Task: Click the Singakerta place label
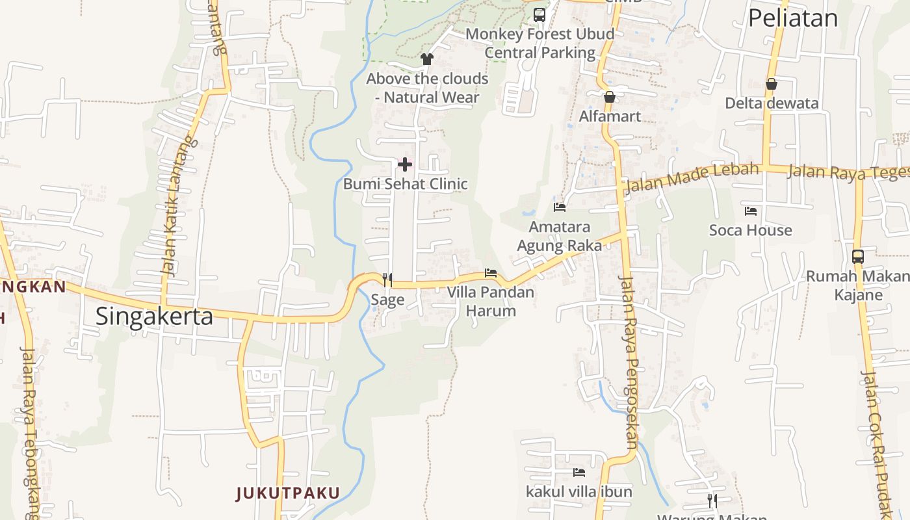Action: [x=154, y=317]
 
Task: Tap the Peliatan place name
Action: [x=793, y=18]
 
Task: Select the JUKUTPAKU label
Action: [x=287, y=493]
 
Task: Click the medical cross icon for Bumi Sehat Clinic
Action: [x=404, y=164]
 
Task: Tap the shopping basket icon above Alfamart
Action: [x=609, y=97]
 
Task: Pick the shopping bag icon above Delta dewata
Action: [x=771, y=84]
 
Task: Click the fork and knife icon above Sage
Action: [x=387, y=279]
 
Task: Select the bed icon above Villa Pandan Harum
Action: [x=491, y=273]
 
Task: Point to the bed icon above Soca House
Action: [x=751, y=211]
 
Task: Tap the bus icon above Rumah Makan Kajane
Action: [x=858, y=257]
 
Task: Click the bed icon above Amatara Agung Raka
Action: [x=560, y=207]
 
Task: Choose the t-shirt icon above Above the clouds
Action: [x=426, y=59]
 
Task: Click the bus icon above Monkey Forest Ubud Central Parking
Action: [x=539, y=14]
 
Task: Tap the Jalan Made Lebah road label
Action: [x=692, y=177]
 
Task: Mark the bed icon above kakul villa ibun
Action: [x=578, y=473]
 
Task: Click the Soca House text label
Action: [x=750, y=230]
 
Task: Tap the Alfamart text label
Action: [x=610, y=116]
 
